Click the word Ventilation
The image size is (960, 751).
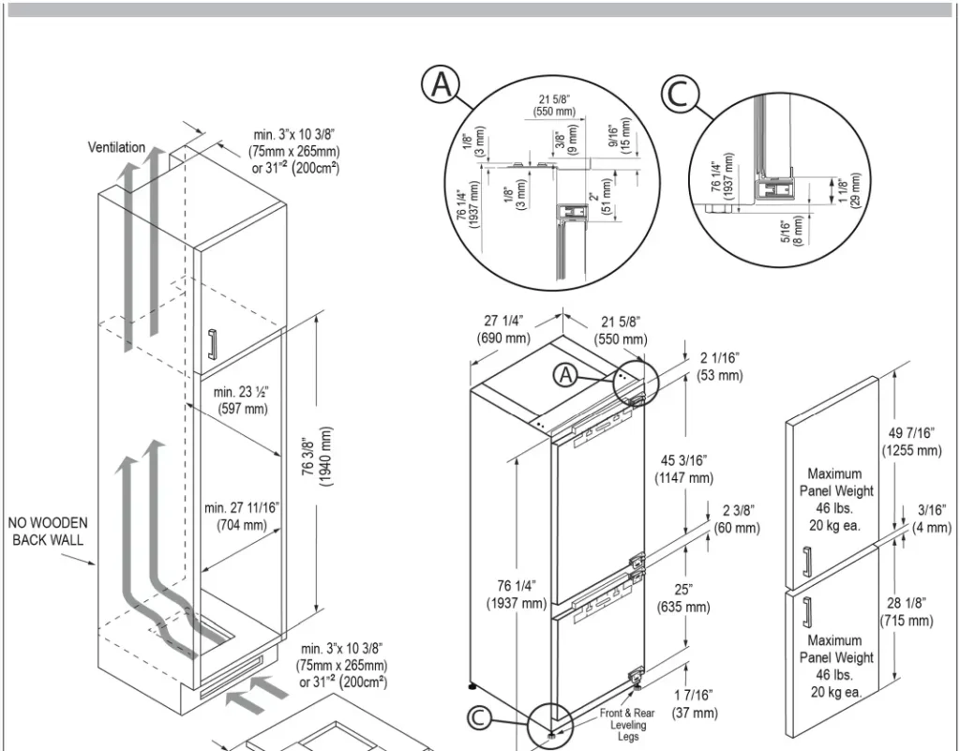[x=116, y=147]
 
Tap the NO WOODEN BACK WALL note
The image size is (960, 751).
[x=48, y=531]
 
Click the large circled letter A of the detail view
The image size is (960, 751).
[x=440, y=85]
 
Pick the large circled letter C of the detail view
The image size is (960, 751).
[x=681, y=95]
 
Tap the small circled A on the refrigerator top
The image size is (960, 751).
[x=566, y=374]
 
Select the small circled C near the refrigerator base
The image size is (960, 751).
[x=479, y=718]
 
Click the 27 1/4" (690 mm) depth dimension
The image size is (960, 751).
[x=503, y=328]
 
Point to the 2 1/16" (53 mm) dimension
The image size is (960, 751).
[x=719, y=366]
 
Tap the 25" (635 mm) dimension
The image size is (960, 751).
[x=683, y=597]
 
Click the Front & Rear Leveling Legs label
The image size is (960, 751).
[x=627, y=725]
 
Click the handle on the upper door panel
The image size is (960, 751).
[x=805, y=563]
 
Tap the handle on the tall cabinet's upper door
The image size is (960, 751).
[x=213, y=344]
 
